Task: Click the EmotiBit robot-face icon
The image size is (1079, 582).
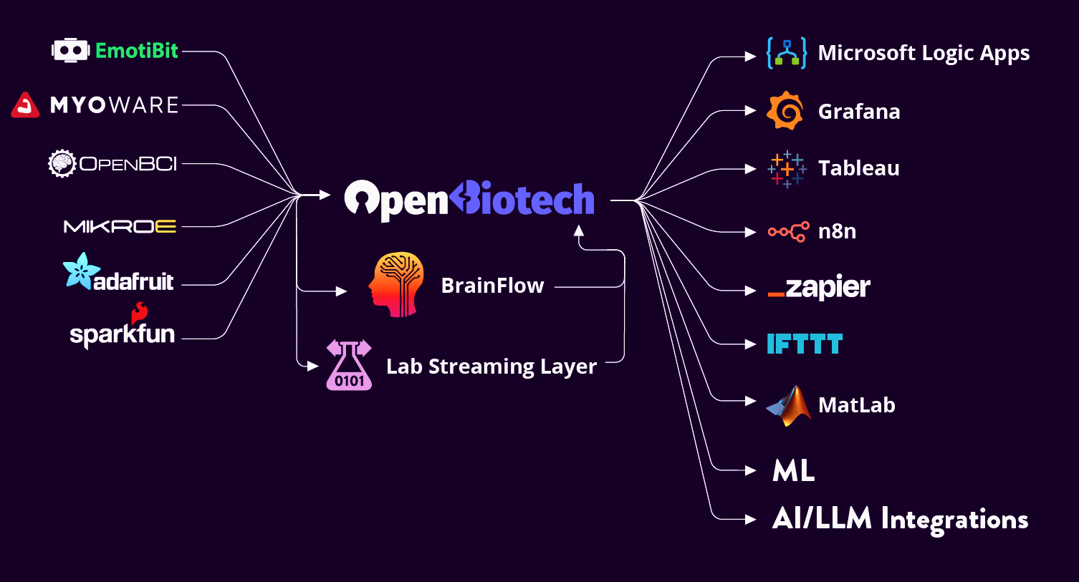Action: click(x=70, y=50)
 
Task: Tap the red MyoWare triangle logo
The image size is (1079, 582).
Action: click(x=25, y=105)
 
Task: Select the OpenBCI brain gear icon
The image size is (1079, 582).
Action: click(x=62, y=164)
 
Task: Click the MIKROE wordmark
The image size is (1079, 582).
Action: click(x=120, y=227)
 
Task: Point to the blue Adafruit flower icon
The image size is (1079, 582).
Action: click(x=77, y=271)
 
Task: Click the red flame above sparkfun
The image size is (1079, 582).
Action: click(x=139, y=313)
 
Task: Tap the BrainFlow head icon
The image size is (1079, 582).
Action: click(x=395, y=284)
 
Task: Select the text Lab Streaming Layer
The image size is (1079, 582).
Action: click(x=491, y=367)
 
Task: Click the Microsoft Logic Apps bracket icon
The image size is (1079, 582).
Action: click(x=786, y=53)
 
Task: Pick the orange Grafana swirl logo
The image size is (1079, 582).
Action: click(x=785, y=111)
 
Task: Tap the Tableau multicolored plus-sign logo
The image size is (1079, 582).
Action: click(x=786, y=169)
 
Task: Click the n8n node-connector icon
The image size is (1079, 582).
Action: click(x=788, y=231)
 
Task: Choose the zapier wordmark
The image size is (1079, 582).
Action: click(x=819, y=288)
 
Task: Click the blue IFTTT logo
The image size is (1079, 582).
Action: click(x=805, y=344)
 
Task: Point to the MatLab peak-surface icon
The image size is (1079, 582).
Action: click(x=788, y=406)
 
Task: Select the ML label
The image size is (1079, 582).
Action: click(x=794, y=471)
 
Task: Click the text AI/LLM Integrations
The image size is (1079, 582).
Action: click(x=900, y=520)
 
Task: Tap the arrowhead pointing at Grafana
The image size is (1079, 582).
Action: click(x=750, y=111)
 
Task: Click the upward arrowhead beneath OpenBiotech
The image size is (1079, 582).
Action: click(x=579, y=231)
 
